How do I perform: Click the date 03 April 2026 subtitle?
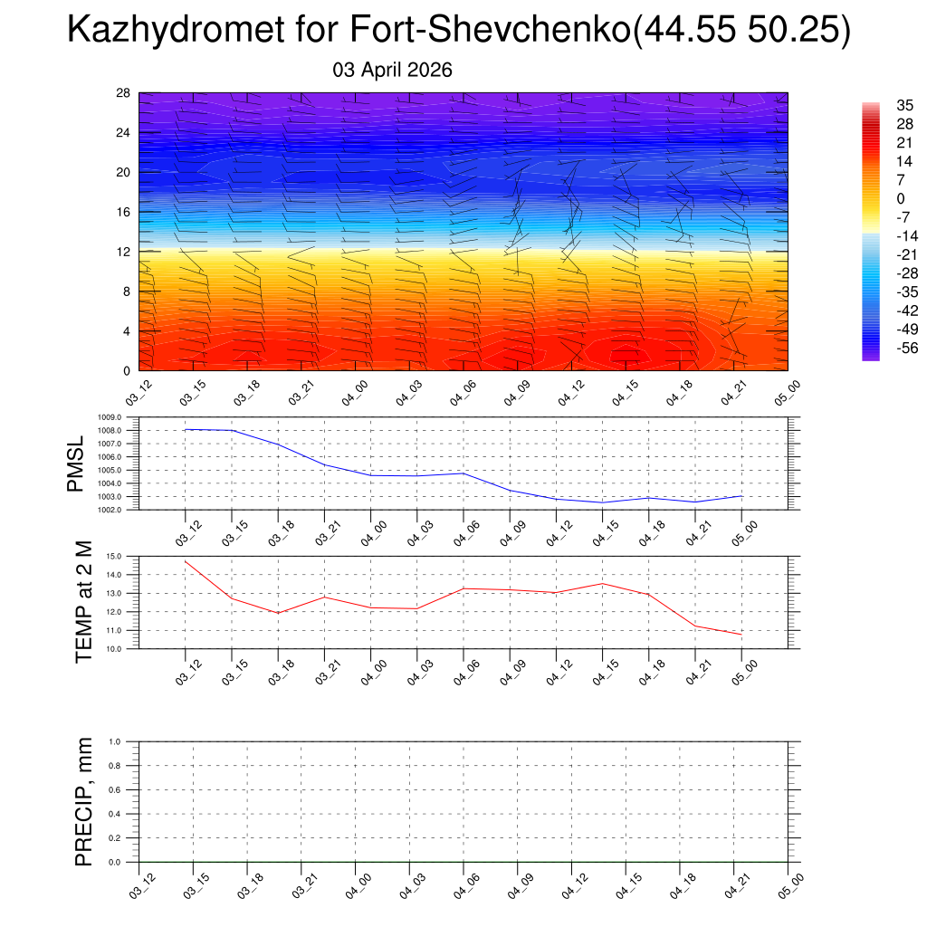tap(393, 70)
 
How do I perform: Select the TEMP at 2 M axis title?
tap(84, 601)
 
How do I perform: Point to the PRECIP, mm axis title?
tap(84, 802)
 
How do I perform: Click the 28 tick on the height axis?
tap(123, 93)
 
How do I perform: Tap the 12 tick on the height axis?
tap(123, 252)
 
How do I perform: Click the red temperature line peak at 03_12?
tap(186, 561)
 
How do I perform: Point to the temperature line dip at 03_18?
tap(279, 613)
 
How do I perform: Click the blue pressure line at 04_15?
tap(602, 502)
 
